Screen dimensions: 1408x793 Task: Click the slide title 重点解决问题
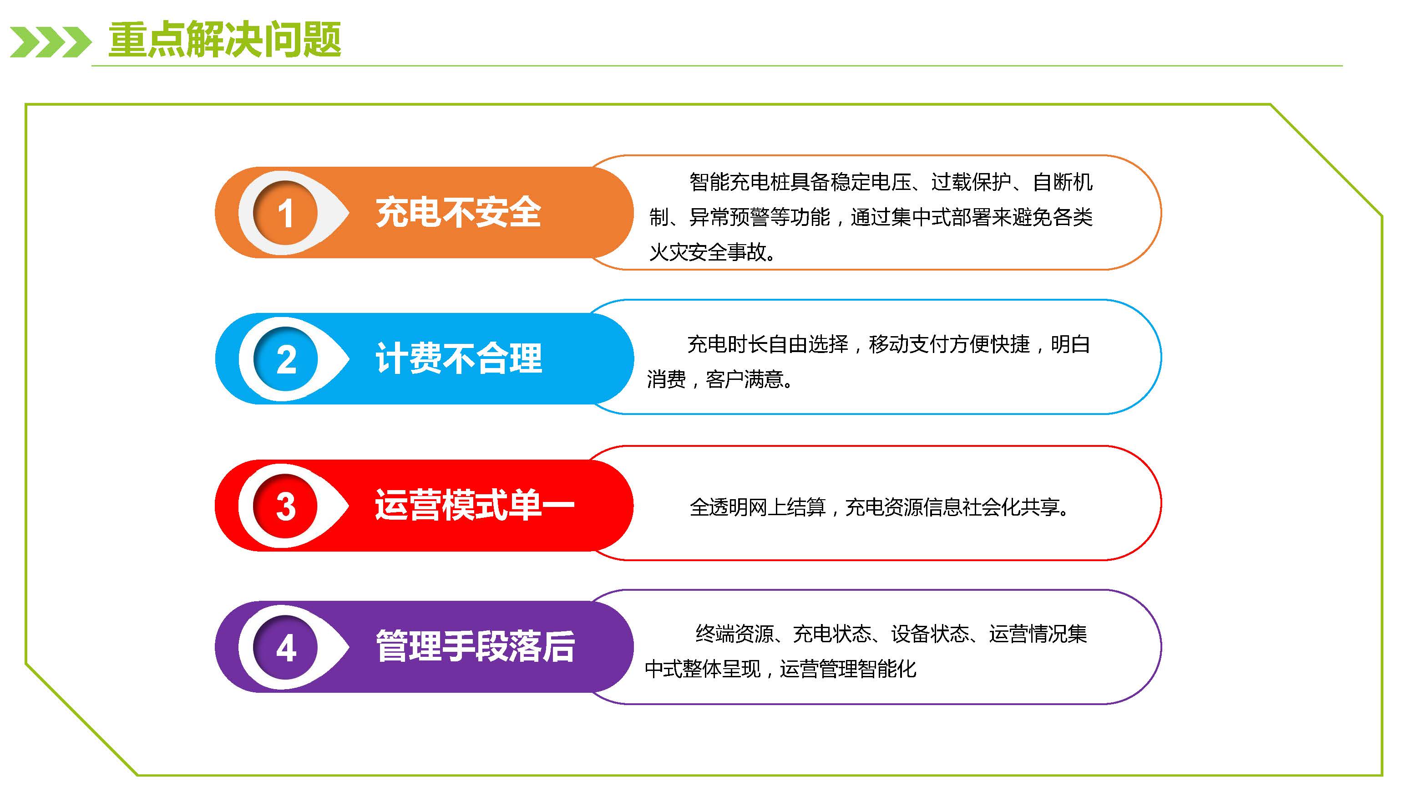(225, 39)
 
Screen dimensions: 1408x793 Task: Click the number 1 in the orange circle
(285, 213)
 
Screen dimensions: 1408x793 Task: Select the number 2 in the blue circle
(286, 359)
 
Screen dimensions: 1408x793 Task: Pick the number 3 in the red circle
(286, 506)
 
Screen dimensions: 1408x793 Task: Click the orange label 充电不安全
(458, 212)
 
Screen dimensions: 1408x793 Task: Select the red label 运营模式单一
(475, 504)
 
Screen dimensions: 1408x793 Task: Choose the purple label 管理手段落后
(475, 646)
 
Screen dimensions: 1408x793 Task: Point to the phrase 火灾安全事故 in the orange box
(709, 252)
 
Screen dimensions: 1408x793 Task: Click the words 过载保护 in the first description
(971, 182)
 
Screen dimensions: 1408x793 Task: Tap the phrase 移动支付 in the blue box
(908, 344)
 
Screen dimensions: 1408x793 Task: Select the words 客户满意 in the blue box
(745, 379)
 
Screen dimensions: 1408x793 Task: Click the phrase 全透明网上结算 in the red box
(758, 507)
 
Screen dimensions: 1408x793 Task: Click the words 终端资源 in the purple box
(734, 634)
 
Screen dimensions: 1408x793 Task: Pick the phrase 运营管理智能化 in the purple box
(848, 669)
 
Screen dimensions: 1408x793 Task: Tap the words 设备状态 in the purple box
(930, 634)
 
